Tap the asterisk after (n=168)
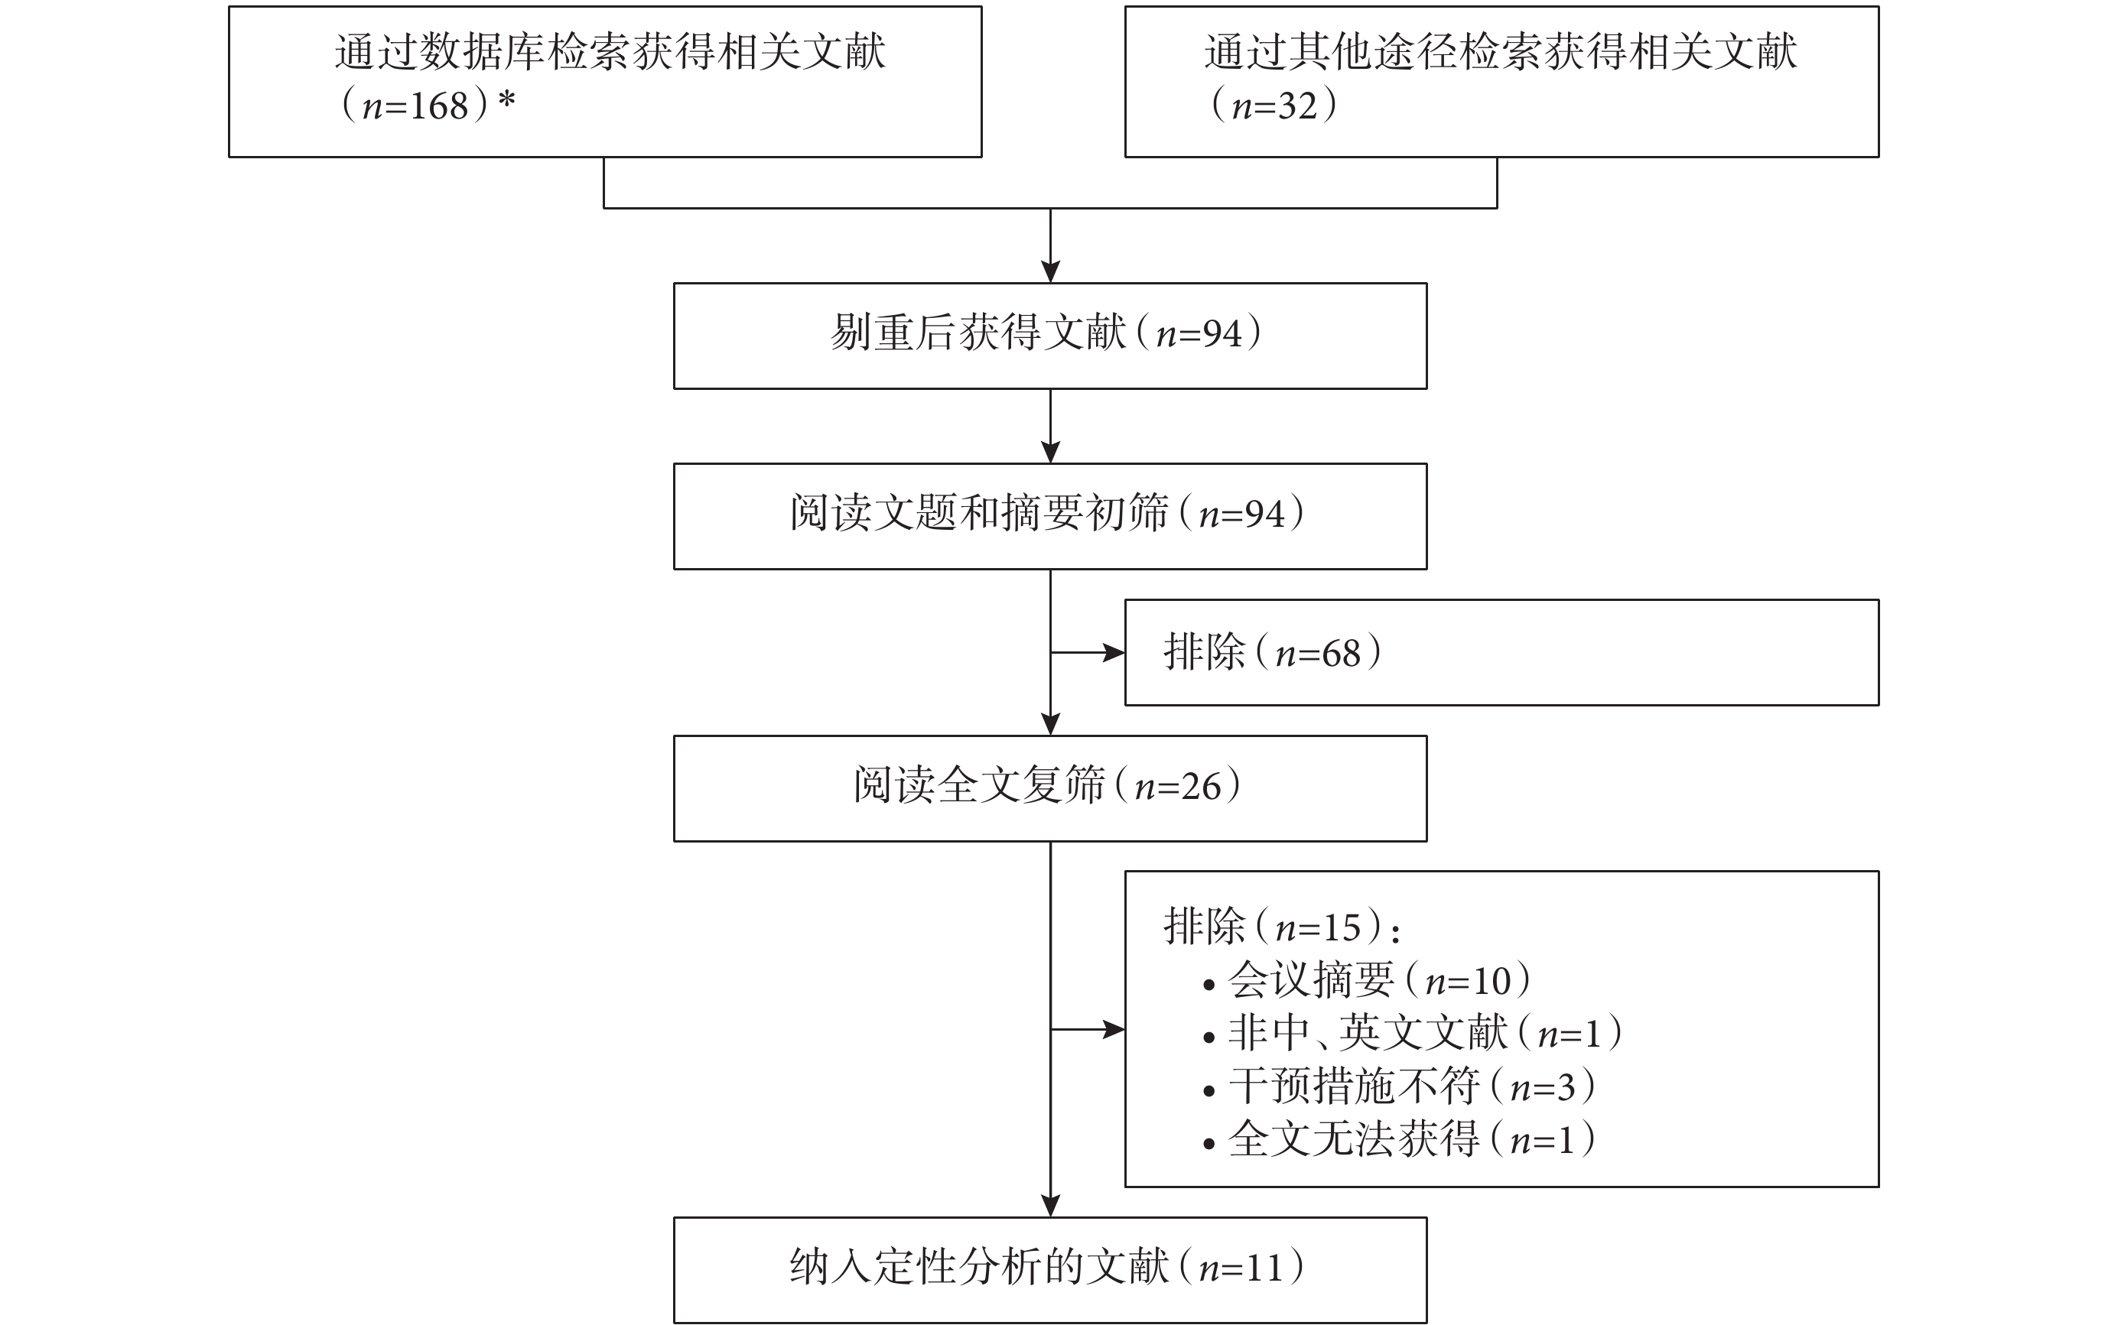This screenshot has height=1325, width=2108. coord(506,102)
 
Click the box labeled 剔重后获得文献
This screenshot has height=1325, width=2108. coord(1049,336)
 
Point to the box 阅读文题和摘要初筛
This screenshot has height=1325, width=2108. coord(1049,516)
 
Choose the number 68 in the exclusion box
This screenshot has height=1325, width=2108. coord(1341,654)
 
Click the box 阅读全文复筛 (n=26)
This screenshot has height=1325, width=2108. coord(1049,788)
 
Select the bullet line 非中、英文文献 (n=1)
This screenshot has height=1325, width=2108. coord(1412,1034)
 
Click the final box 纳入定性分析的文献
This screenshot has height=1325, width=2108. coord(1049,1270)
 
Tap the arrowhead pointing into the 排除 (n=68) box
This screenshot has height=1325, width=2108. coord(1114,652)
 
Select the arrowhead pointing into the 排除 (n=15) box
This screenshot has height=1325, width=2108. coord(1114,1029)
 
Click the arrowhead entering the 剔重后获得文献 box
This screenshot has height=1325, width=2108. coord(1050,271)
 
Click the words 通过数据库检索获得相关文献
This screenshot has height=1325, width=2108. coord(610,52)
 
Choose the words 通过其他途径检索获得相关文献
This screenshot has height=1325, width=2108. coord(1501,52)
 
